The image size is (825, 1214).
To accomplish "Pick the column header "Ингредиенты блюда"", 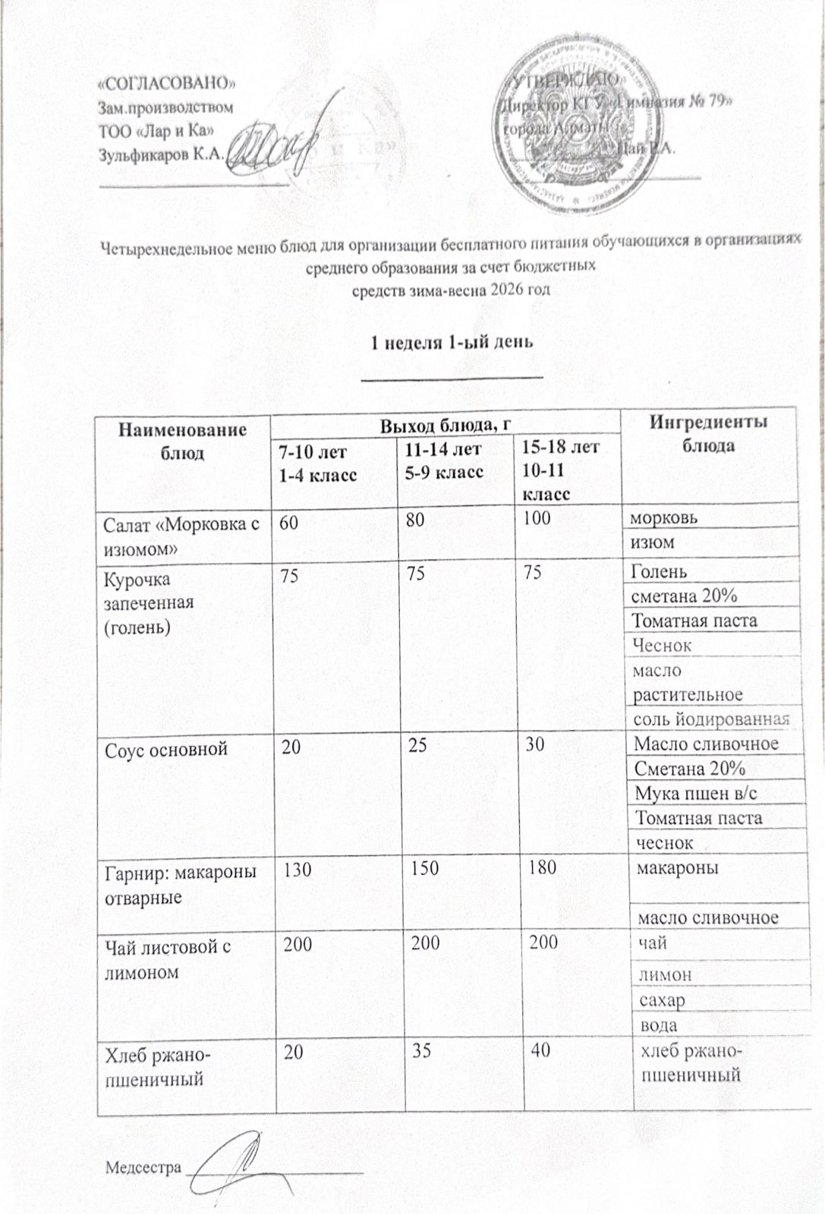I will pyautogui.click(x=709, y=432).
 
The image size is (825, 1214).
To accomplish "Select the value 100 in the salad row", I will pyautogui.click(x=534, y=517).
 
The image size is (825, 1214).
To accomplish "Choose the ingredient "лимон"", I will pyautogui.click(x=665, y=973).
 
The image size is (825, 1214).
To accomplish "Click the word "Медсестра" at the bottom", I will pyautogui.click(x=143, y=1165).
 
